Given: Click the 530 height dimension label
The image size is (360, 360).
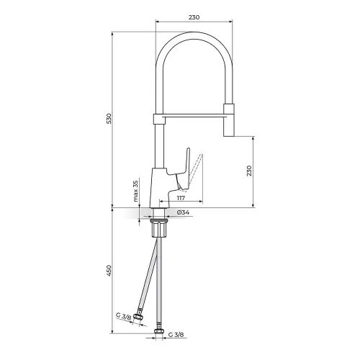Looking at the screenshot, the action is (x=109, y=118).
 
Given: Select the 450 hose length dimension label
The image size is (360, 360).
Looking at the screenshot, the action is (x=109, y=271).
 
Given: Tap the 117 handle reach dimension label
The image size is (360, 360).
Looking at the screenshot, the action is (x=181, y=198).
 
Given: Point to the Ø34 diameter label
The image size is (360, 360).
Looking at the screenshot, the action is (x=183, y=212).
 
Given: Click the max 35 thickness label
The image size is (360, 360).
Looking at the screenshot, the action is (x=136, y=191).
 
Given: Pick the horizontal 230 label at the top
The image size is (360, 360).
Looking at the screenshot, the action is (x=194, y=17).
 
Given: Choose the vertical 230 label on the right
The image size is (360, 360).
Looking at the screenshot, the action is (x=249, y=171).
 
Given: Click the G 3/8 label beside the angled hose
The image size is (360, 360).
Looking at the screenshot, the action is (x=123, y=316).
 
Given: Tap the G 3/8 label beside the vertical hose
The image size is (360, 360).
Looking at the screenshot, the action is (x=176, y=334).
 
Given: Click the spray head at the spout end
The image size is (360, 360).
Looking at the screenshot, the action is (x=229, y=120).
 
